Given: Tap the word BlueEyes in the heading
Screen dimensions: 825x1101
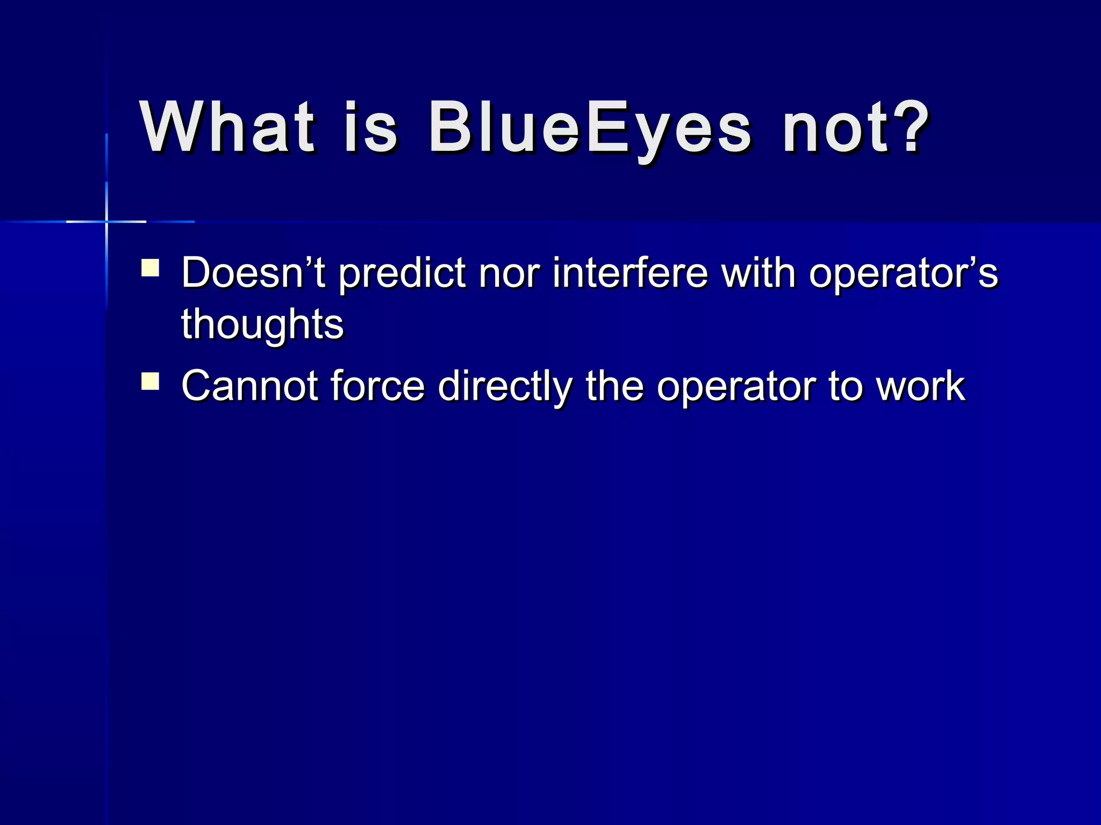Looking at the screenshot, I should (x=589, y=129).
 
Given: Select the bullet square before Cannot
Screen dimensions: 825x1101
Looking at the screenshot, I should (x=150, y=381).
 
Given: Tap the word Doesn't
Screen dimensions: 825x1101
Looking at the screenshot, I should (x=253, y=273).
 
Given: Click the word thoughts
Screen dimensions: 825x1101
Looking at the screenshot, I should (x=262, y=324).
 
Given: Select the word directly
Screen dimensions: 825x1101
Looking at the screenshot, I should (x=505, y=387).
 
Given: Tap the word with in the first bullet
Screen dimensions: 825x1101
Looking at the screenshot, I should (x=759, y=273).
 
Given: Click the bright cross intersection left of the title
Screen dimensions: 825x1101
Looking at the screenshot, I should (x=106, y=221).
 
